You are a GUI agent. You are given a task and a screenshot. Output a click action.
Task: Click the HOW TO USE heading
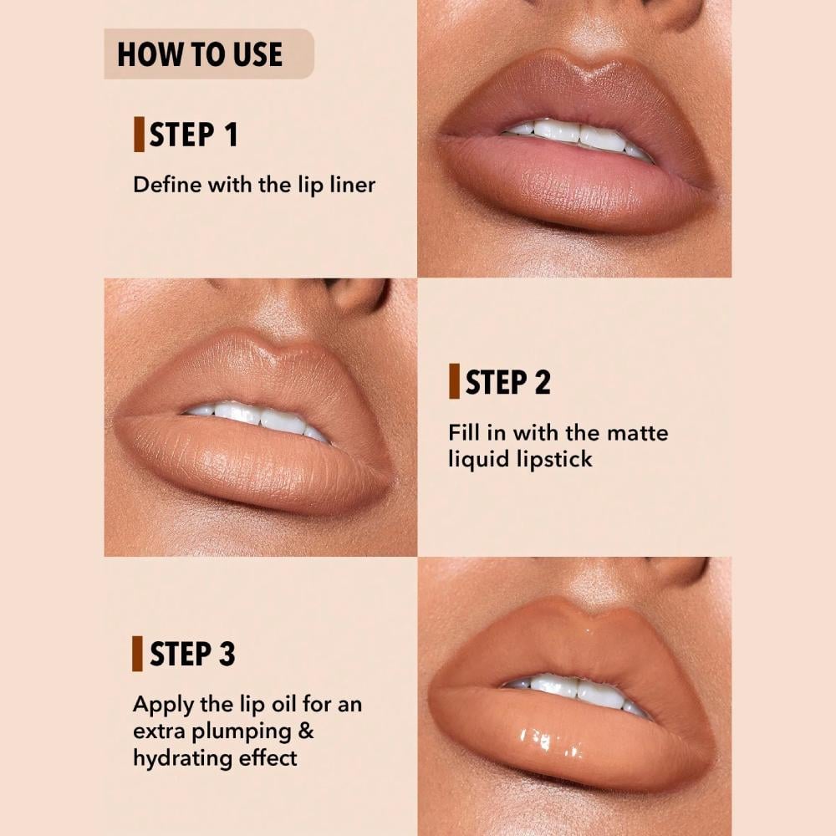click(x=200, y=54)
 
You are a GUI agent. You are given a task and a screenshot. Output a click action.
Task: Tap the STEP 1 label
click(x=194, y=135)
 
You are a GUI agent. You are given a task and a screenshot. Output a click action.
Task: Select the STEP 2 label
click(x=508, y=382)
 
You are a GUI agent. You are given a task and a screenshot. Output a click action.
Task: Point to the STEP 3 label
click(x=193, y=655)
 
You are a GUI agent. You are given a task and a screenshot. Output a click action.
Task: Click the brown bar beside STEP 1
click(x=139, y=135)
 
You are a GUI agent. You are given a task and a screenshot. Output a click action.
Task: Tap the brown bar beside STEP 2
click(x=454, y=382)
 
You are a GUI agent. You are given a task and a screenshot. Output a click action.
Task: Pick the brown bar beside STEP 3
click(x=137, y=654)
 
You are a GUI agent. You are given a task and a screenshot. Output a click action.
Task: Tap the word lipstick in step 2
click(x=553, y=459)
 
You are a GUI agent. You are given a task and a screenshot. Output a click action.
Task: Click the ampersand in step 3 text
click(x=306, y=731)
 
